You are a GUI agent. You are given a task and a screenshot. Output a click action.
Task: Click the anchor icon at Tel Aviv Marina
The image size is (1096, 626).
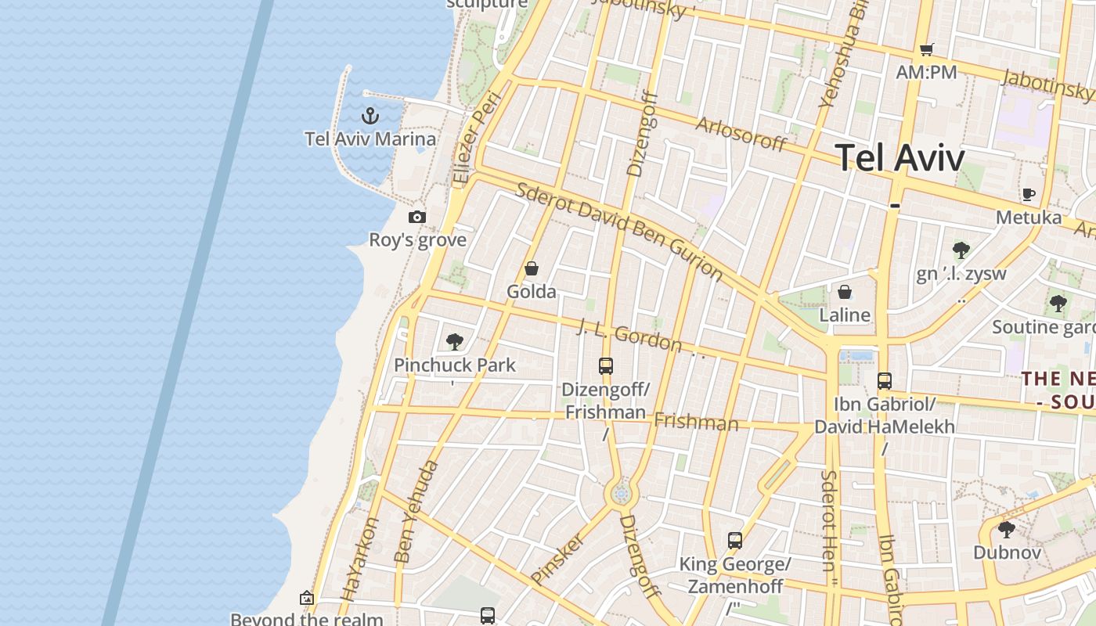click(x=370, y=117)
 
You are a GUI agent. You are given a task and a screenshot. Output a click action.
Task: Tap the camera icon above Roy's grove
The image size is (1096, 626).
click(x=417, y=217)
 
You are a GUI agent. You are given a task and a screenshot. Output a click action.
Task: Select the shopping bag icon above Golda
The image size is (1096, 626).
click(x=532, y=269)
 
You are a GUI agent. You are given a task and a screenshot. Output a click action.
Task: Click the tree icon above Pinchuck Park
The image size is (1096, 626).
click(x=454, y=341)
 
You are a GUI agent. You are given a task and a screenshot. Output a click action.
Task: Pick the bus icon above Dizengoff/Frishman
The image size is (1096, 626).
click(x=605, y=365)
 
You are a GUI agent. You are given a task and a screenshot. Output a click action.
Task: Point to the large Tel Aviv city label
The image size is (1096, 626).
click(x=900, y=158)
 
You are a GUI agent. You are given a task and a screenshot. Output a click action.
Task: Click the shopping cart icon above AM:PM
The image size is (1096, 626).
click(x=927, y=49)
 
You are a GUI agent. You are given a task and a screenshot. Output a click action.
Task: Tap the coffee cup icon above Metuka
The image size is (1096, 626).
click(x=1028, y=194)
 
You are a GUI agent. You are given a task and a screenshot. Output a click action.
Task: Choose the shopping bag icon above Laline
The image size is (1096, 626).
click(x=845, y=292)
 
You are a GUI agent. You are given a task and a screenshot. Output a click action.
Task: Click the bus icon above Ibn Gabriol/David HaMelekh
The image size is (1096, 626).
click(x=884, y=381)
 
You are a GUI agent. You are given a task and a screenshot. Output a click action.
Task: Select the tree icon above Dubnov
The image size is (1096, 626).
click(x=1006, y=530)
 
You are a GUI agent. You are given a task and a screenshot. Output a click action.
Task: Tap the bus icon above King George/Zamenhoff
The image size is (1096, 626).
click(x=734, y=540)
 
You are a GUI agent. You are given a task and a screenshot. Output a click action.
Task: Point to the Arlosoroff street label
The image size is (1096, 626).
click(x=741, y=134)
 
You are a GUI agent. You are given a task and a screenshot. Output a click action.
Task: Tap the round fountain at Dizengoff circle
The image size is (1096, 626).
click(x=622, y=494)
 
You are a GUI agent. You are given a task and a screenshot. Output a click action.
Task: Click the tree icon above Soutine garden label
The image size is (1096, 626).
click(x=1058, y=303)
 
